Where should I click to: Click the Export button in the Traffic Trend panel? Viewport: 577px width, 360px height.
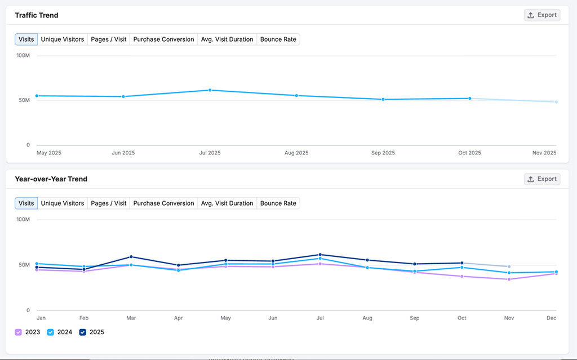click(542, 15)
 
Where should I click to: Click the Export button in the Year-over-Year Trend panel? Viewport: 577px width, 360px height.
click(542, 179)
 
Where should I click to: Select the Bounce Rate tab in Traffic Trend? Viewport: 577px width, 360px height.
click(278, 39)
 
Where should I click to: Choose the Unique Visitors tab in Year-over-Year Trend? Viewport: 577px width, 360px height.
click(62, 203)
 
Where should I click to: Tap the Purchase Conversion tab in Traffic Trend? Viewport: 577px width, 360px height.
click(163, 39)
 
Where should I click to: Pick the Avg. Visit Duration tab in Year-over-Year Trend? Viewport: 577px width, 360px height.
click(227, 203)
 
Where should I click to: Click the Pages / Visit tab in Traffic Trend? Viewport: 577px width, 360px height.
click(108, 39)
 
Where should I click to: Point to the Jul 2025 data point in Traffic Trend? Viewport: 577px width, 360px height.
click(210, 90)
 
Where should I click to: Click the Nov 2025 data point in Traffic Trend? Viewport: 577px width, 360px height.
click(556, 102)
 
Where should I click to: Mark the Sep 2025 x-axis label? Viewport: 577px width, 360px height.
click(383, 153)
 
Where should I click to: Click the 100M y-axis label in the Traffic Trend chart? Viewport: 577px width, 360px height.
click(23, 56)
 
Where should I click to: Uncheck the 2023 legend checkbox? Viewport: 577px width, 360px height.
click(19, 332)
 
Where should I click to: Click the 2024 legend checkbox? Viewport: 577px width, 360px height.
click(51, 332)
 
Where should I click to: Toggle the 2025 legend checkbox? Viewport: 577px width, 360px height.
click(83, 332)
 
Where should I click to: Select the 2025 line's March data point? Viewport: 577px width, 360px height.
click(131, 257)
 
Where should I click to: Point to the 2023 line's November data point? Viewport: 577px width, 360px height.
click(509, 279)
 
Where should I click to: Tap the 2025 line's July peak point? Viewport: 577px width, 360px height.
click(320, 255)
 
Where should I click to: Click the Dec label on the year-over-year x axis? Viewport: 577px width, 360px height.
click(552, 318)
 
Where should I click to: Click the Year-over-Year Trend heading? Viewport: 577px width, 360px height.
click(51, 179)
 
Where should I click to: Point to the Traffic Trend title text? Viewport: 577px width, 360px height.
click(37, 15)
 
